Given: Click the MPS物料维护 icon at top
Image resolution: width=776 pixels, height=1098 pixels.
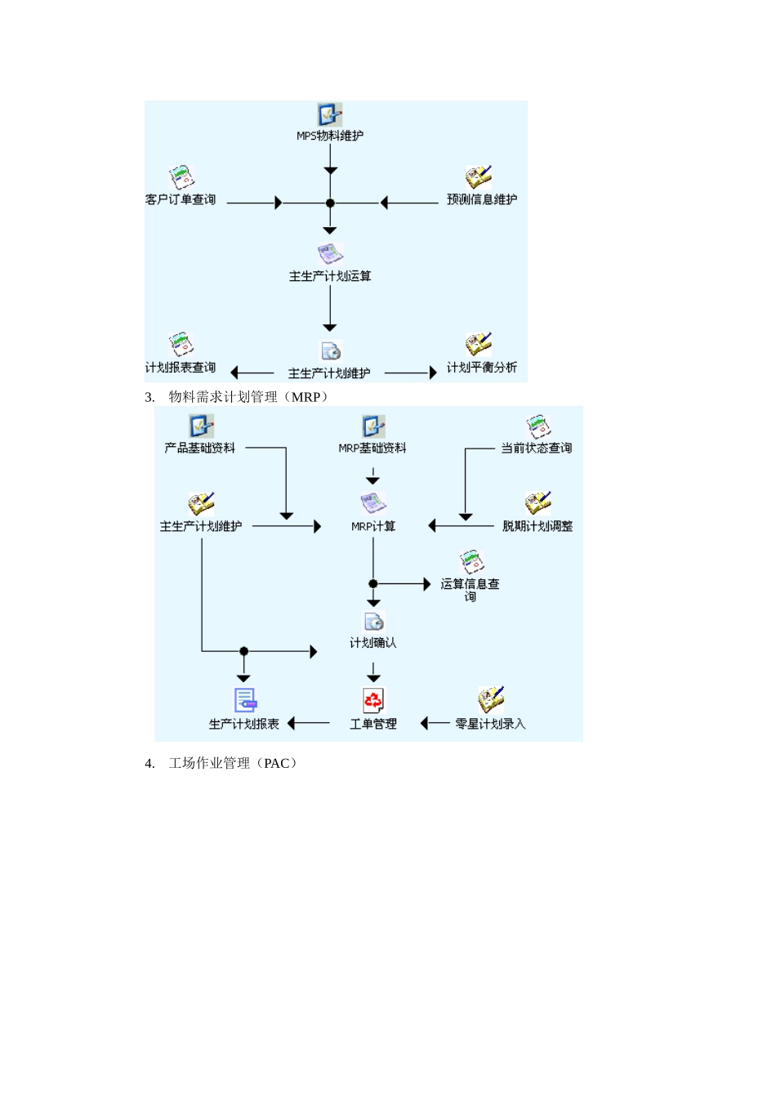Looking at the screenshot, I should click(329, 114).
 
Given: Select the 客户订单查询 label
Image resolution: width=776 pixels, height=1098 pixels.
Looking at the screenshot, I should click(181, 199).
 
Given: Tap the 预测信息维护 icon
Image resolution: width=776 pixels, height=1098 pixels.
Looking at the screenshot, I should click(478, 177).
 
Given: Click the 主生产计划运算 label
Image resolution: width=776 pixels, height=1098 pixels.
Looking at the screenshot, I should click(330, 276).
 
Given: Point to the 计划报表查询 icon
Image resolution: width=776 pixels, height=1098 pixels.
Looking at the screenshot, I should click(181, 345).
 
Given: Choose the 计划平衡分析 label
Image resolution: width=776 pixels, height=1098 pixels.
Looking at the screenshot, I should click(481, 368).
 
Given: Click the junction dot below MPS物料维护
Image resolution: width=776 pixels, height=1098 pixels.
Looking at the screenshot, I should click(330, 203).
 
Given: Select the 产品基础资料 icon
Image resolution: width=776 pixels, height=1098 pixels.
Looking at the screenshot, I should click(200, 426).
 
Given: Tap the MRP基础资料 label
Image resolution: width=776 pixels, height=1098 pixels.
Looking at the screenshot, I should click(372, 448).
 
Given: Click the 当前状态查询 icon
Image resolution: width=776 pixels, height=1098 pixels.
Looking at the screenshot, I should click(537, 426).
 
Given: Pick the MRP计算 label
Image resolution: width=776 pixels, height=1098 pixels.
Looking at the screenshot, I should click(373, 526).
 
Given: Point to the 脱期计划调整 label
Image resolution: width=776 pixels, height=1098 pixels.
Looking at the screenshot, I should click(537, 526).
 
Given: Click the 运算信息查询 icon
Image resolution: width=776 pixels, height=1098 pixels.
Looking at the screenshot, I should click(471, 562).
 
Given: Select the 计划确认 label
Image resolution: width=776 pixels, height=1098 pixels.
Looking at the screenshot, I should click(373, 643).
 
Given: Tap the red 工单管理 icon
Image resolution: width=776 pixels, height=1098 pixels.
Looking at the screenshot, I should click(373, 700).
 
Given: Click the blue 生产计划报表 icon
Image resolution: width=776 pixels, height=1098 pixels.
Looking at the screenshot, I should click(245, 700).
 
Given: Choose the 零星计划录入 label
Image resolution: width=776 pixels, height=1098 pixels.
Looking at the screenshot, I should click(490, 724).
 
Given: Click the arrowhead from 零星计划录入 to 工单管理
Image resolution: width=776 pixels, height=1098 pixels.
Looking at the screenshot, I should click(425, 723).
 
